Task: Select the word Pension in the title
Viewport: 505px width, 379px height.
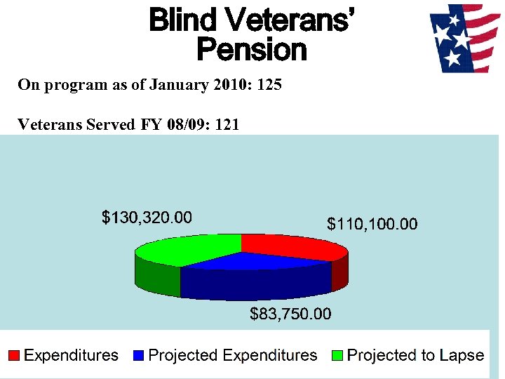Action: [x=251, y=50]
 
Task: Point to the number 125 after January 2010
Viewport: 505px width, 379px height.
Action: [x=269, y=86]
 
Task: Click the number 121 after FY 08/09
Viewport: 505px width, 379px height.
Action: [x=227, y=125]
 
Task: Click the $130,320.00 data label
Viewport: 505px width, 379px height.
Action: [x=147, y=218]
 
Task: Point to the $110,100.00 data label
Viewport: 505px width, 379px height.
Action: [x=372, y=224]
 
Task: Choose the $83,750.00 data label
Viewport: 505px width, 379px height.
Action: [x=290, y=314]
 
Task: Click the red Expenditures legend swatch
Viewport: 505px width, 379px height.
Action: [x=13, y=356]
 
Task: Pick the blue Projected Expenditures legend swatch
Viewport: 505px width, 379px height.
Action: [x=138, y=356]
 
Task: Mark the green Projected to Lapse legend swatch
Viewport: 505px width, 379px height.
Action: [x=337, y=356]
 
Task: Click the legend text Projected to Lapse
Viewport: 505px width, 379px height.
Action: [x=415, y=356]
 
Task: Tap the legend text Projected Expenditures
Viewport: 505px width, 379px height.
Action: [x=233, y=356]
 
